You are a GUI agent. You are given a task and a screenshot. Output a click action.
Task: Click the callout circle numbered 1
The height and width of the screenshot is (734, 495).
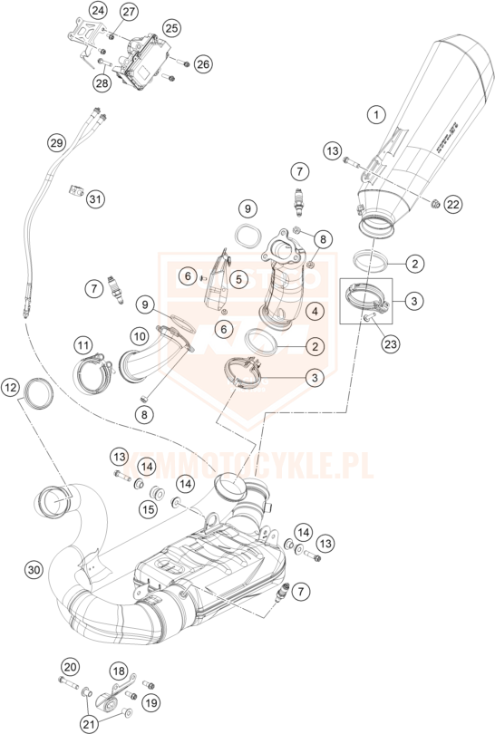[374, 114]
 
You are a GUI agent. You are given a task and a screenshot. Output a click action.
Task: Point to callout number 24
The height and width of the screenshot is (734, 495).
[99, 11]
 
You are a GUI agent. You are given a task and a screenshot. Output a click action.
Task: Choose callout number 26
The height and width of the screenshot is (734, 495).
[202, 64]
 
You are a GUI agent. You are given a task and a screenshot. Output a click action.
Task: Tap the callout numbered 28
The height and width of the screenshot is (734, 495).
[100, 83]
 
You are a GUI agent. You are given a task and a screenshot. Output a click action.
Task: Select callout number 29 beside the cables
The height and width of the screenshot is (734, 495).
[57, 143]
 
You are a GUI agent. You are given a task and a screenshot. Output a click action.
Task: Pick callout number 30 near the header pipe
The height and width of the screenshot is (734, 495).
[34, 570]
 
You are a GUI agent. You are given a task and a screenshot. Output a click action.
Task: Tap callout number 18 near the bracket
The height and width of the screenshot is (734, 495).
[119, 671]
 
